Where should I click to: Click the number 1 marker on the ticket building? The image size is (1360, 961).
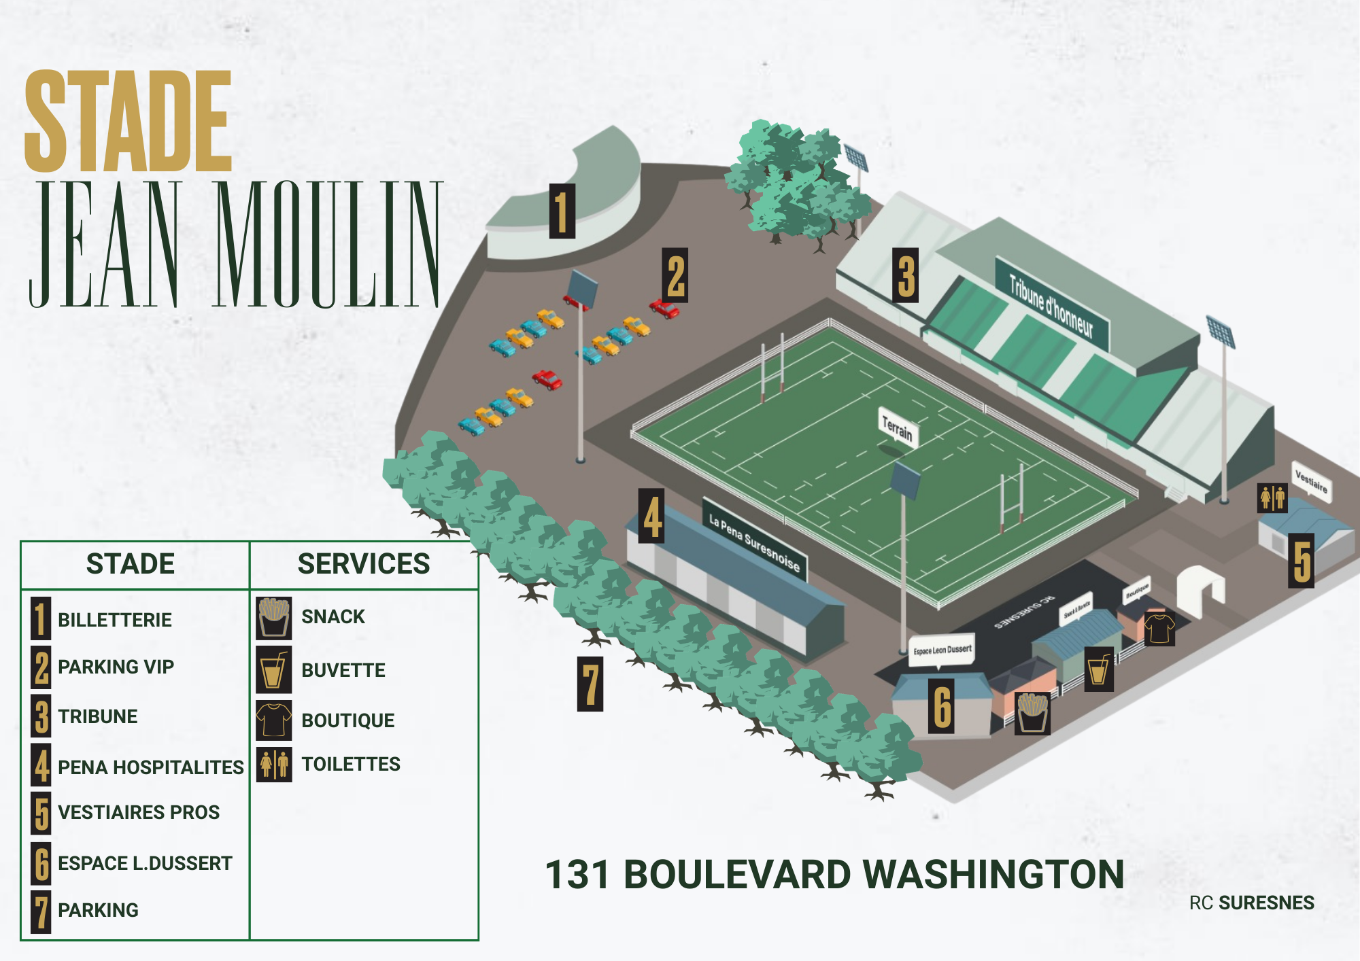click(562, 211)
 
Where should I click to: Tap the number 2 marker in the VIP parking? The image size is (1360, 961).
click(675, 275)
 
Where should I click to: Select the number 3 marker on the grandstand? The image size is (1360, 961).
click(905, 275)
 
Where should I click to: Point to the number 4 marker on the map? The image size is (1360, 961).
click(651, 516)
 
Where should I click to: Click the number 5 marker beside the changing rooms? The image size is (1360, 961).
click(1302, 560)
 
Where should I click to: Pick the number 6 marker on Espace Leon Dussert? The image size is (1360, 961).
click(942, 706)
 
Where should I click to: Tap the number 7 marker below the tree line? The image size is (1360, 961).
click(590, 684)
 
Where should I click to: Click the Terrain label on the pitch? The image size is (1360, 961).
click(897, 428)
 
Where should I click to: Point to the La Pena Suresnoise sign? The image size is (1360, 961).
click(755, 542)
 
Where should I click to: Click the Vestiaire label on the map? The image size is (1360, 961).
click(1311, 481)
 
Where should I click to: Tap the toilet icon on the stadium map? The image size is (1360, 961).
click(1272, 497)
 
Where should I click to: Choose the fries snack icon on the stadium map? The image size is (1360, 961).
click(1032, 714)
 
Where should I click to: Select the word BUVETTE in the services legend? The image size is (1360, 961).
click(343, 670)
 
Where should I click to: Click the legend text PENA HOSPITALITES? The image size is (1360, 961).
click(150, 767)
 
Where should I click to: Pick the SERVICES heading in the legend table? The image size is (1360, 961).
click(364, 564)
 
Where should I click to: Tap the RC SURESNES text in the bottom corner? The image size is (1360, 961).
click(1251, 903)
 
